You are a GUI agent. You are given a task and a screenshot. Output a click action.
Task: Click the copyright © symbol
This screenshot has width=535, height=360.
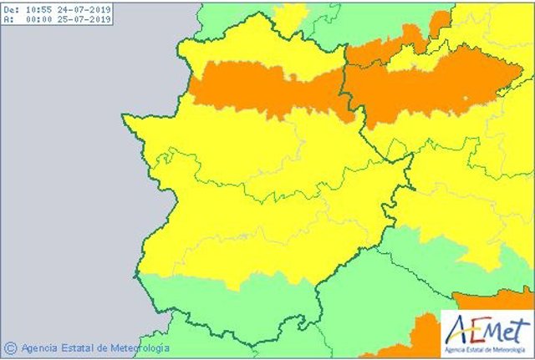(x=10, y=347)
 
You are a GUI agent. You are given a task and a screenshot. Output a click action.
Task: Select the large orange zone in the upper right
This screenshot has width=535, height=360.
(x=426, y=88)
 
